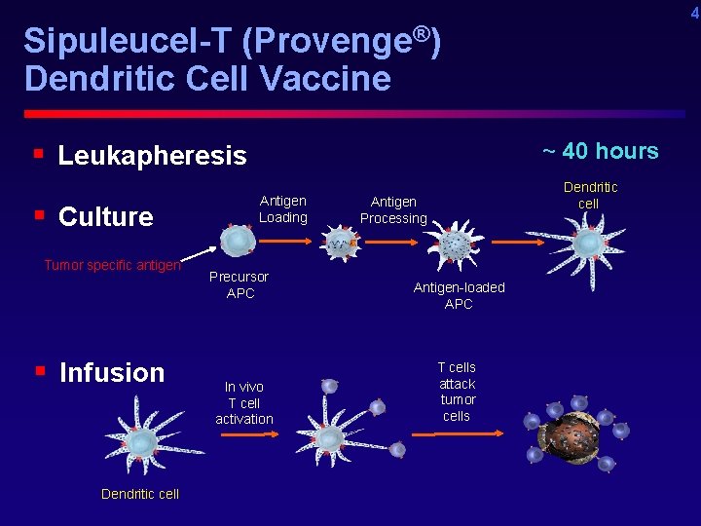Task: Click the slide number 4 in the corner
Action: tap(694, 13)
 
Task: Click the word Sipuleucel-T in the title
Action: tap(127, 42)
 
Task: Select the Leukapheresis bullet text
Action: tap(152, 156)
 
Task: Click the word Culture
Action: tap(106, 216)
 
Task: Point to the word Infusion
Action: tap(112, 372)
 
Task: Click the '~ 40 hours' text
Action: tap(600, 151)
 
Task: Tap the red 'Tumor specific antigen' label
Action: tap(112, 265)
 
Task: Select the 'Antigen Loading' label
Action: tap(282, 209)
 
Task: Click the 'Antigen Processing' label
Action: tap(393, 210)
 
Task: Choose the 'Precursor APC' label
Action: tap(240, 285)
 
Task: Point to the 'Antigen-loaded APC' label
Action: tap(459, 295)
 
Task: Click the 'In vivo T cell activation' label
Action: tap(243, 402)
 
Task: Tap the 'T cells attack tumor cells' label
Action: tap(457, 392)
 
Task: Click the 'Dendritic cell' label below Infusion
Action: tap(140, 494)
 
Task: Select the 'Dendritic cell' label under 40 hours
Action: tap(589, 195)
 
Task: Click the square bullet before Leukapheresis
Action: tap(37, 154)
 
